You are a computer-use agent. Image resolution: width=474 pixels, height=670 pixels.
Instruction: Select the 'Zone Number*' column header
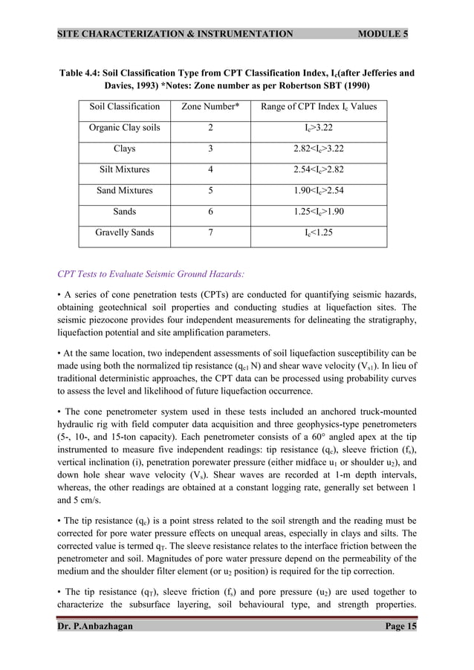pos(210,107)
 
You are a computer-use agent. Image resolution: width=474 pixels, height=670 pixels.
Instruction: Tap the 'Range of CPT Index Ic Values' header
pos(319,107)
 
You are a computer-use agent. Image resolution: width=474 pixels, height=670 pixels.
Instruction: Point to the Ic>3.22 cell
pos(319,128)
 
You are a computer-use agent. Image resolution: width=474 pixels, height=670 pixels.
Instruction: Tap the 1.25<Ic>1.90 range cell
pos(319,212)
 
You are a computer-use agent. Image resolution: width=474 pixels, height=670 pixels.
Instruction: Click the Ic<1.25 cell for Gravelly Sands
pos(319,232)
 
